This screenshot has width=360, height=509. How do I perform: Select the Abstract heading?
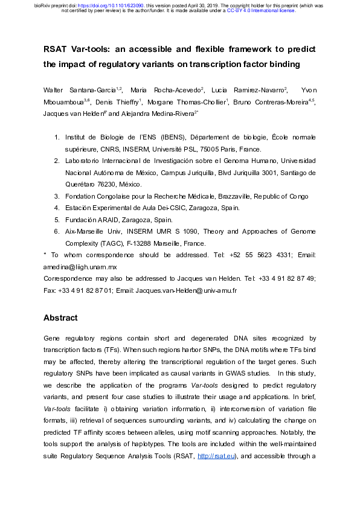60,318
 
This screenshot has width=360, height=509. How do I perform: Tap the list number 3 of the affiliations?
57,196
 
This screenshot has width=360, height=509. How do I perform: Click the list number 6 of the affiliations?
57,232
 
